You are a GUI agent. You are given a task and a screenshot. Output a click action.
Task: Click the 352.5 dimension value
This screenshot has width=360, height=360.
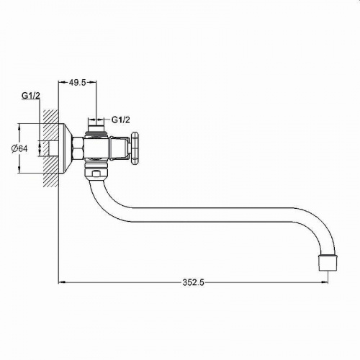coord(193,282)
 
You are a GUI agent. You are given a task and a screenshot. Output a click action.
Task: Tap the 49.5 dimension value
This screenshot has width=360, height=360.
coord(77,83)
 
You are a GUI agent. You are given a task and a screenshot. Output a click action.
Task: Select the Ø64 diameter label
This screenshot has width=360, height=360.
coord(19,149)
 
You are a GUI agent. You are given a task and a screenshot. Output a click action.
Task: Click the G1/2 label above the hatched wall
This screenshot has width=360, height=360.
coord(31,96)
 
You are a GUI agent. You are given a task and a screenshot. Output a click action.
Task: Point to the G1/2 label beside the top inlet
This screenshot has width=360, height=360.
coord(121,120)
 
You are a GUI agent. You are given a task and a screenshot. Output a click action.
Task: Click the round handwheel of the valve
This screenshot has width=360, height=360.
coord(135,148)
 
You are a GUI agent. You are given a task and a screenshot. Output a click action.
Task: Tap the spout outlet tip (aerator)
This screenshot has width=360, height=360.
coord(328,263)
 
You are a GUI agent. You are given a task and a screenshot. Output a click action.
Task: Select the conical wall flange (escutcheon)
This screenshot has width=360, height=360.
coord(66,148)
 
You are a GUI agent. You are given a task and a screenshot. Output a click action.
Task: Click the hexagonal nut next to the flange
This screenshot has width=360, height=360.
coord(78,148)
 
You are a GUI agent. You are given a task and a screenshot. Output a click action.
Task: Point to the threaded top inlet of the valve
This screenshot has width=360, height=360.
coord(96,127)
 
